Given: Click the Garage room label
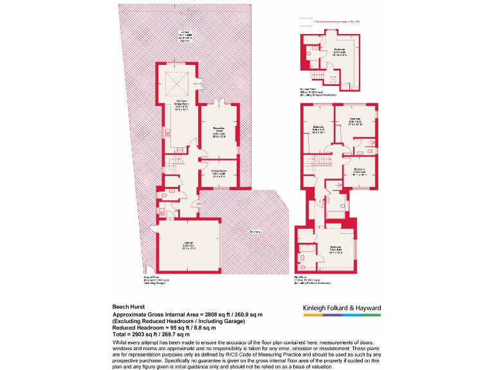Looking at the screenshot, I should (188, 246).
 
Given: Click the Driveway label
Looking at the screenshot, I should (255, 231).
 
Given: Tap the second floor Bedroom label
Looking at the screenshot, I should (339, 51).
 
